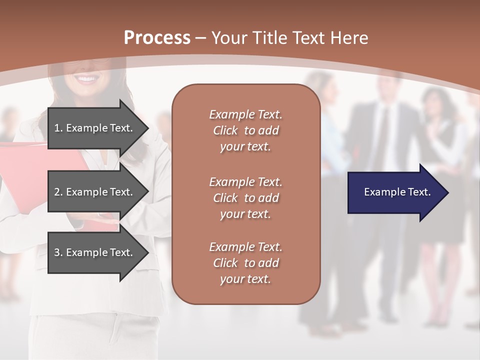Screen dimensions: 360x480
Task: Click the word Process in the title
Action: click(x=157, y=38)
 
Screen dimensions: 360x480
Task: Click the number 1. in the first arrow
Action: click(x=58, y=128)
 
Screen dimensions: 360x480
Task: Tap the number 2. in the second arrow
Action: click(x=58, y=192)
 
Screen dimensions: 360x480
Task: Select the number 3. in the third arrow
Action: click(x=58, y=252)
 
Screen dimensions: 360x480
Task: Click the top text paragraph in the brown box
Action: click(x=245, y=130)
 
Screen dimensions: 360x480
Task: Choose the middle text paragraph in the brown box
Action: click(x=245, y=197)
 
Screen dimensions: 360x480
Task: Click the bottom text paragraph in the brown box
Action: click(x=245, y=263)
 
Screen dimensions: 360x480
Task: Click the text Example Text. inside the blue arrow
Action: click(x=397, y=192)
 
